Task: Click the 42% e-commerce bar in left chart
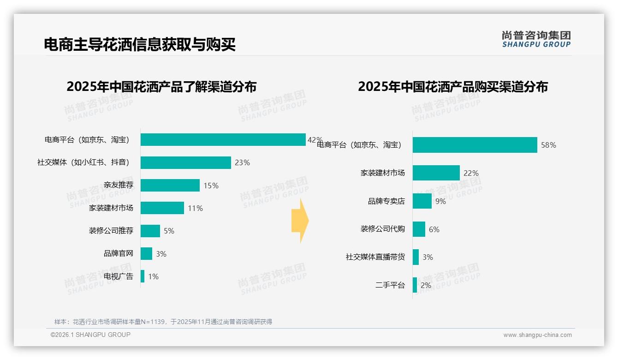pos(223,140)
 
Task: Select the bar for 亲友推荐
pos(170,186)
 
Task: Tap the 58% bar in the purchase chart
pos(475,145)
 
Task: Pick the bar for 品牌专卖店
pos(422,201)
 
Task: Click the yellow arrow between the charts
pos(300,221)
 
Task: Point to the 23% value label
pos(242,162)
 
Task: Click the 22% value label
pos(471,174)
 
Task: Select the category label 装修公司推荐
pos(111,231)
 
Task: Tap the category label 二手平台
pos(390,285)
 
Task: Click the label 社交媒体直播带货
pos(375,257)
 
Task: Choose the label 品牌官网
pos(119,253)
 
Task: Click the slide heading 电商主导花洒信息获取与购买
pos(140,45)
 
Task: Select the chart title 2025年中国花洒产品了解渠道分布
pos(161,87)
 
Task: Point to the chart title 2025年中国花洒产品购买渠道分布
pos(452,87)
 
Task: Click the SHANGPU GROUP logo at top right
pos(536,39)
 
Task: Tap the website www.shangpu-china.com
pos(537,335)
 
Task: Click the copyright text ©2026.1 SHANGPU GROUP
pos(90,335)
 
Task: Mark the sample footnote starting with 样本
pos(163,322)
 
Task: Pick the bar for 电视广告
pos(143,276)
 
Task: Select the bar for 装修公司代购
pos(419,229)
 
